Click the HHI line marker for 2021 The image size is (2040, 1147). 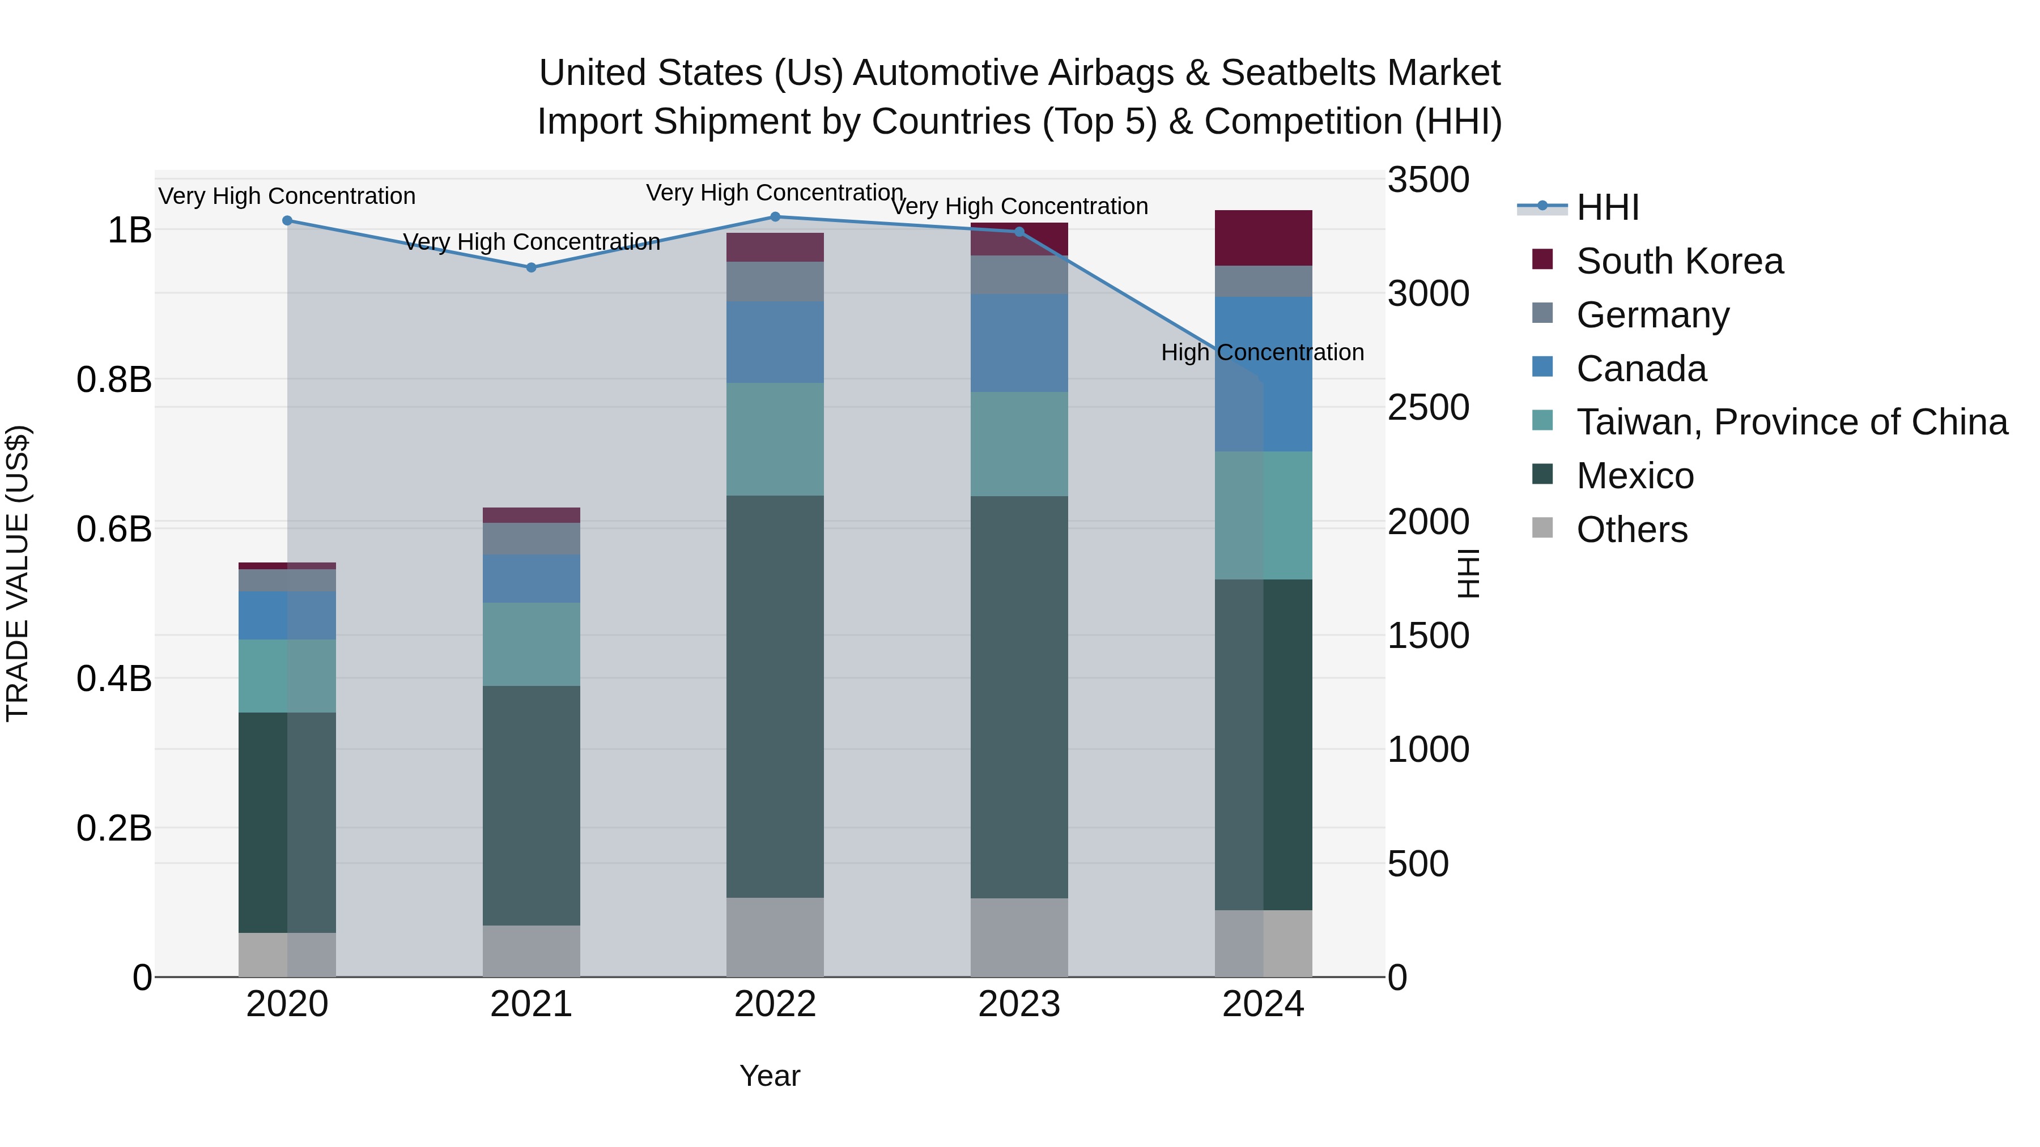[x=532, y=267]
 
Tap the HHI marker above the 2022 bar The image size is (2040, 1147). [x=775, y=217]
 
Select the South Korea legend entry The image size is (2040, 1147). [x=1679, y=261]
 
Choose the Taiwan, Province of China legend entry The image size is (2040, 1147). [x=1791, y=422]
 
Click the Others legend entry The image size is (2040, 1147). [x=1631, y=530]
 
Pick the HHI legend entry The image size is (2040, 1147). [x=1607, y=207]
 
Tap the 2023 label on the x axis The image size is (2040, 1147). [x=1019, y=1004]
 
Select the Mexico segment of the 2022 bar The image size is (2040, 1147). [x=775, y=697]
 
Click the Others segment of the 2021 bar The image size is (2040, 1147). [x=532, y=950]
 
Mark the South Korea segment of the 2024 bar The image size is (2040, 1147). [x=1263, y=237]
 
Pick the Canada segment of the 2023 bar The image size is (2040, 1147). [x=1019, y=343]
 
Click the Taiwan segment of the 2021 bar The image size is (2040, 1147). [x=532, y=645]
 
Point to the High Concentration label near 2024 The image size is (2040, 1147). [x=1263, y=352]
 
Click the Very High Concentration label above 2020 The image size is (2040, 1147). [x=287, y=197]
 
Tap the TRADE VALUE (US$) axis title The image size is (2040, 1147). [x=18, y=573]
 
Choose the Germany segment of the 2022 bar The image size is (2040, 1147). [x=775, y=281]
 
